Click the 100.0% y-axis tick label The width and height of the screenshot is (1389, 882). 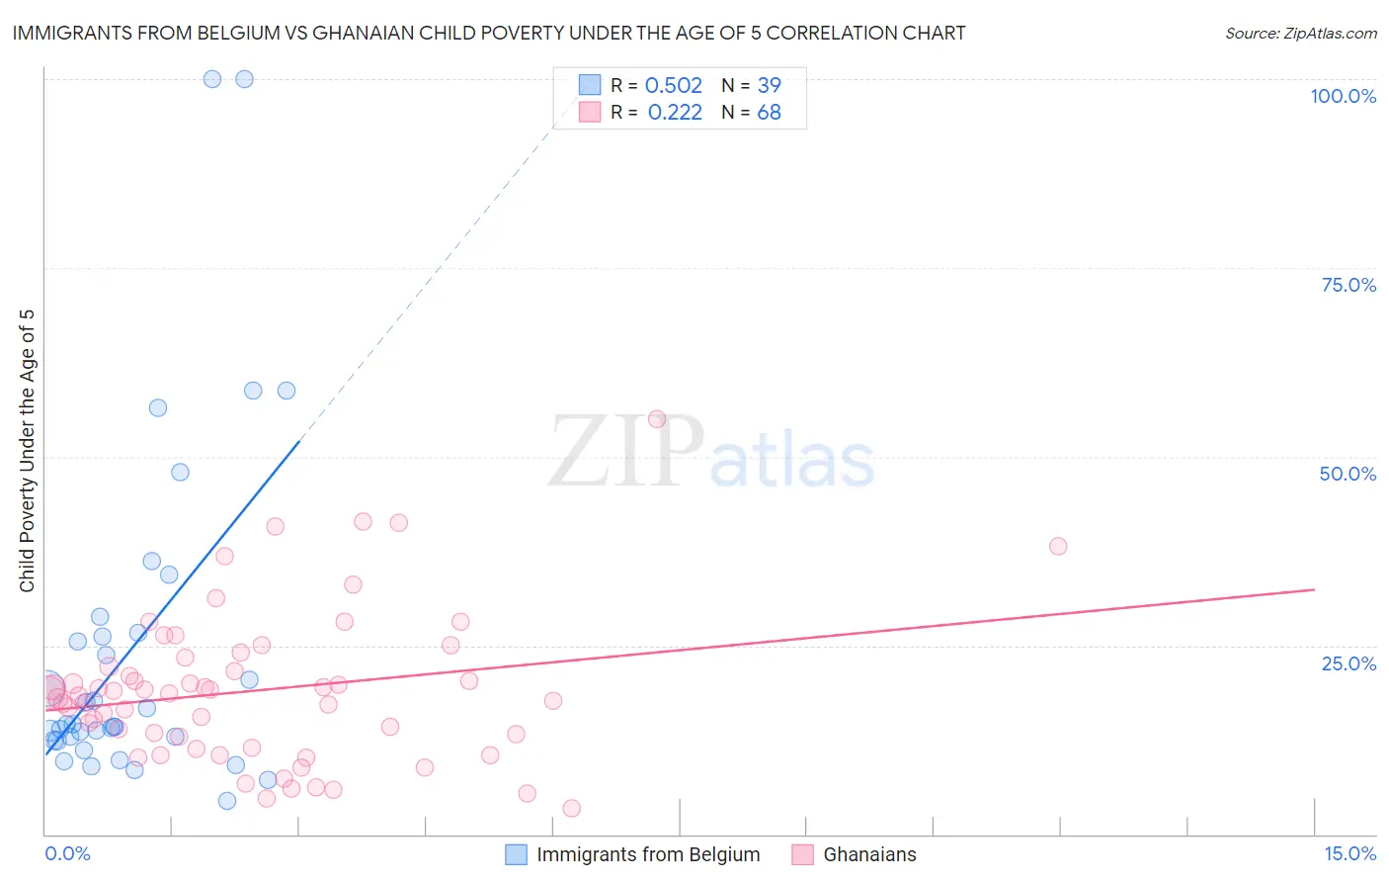pyautogui.click(x=1343, y=96)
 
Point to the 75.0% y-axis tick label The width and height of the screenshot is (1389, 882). pyautogui.click(x=1348, y=285)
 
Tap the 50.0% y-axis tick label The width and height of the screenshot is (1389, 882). pyautogui.click(x=1348, y=474)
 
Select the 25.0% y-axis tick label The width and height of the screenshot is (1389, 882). pyautogui.click(x=1348, y=663)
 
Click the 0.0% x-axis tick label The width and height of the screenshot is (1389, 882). pyautogui.click(x=67, y=853)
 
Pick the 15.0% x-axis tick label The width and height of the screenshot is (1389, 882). pyautogui.click(x=1349, y=853)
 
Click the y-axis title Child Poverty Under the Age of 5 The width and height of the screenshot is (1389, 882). pyautogui.click(x=27, y=451)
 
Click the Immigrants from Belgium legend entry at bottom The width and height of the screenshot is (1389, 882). pyautogui.click(x=632, y=854)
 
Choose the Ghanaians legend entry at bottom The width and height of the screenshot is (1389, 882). pyautogui.click(x=855, y=854)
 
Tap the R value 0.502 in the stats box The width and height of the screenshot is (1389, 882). pyautogui.click(x=673, y=86)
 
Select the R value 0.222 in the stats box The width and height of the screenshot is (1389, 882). pyautogui.click(x=675, y=113)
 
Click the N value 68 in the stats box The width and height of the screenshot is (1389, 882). pyautogui.click(x=769, y=113)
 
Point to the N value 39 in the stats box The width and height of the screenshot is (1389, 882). pyautogui.click(x=769, y=86)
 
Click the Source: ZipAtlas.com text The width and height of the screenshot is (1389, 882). pyautogui.click(x=1300, y=34)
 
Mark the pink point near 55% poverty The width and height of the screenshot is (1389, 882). pyautogui.click(x=657, y=419)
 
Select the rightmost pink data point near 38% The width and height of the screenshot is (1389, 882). pyautogui.click(x=1058, y=546)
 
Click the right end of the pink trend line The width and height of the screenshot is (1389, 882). pyautogui.click(x=1314, y=589)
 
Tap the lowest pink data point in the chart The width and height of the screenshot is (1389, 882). pyautogui.click(x=571, y=808)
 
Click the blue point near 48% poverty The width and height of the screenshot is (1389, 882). pyautogui.click(x=180, y=472)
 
